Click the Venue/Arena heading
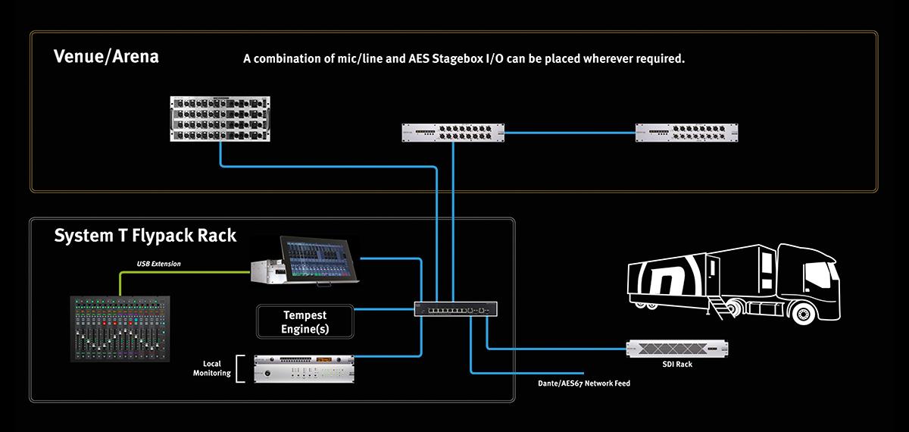106,57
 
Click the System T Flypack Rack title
145,236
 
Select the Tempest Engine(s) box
305,321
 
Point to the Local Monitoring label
211,368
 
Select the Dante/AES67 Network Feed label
578,384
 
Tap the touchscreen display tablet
318,258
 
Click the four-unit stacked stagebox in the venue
220,118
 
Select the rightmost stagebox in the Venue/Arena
687,133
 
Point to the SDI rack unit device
677,348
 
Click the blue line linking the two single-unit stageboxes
568,133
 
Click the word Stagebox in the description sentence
448,58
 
